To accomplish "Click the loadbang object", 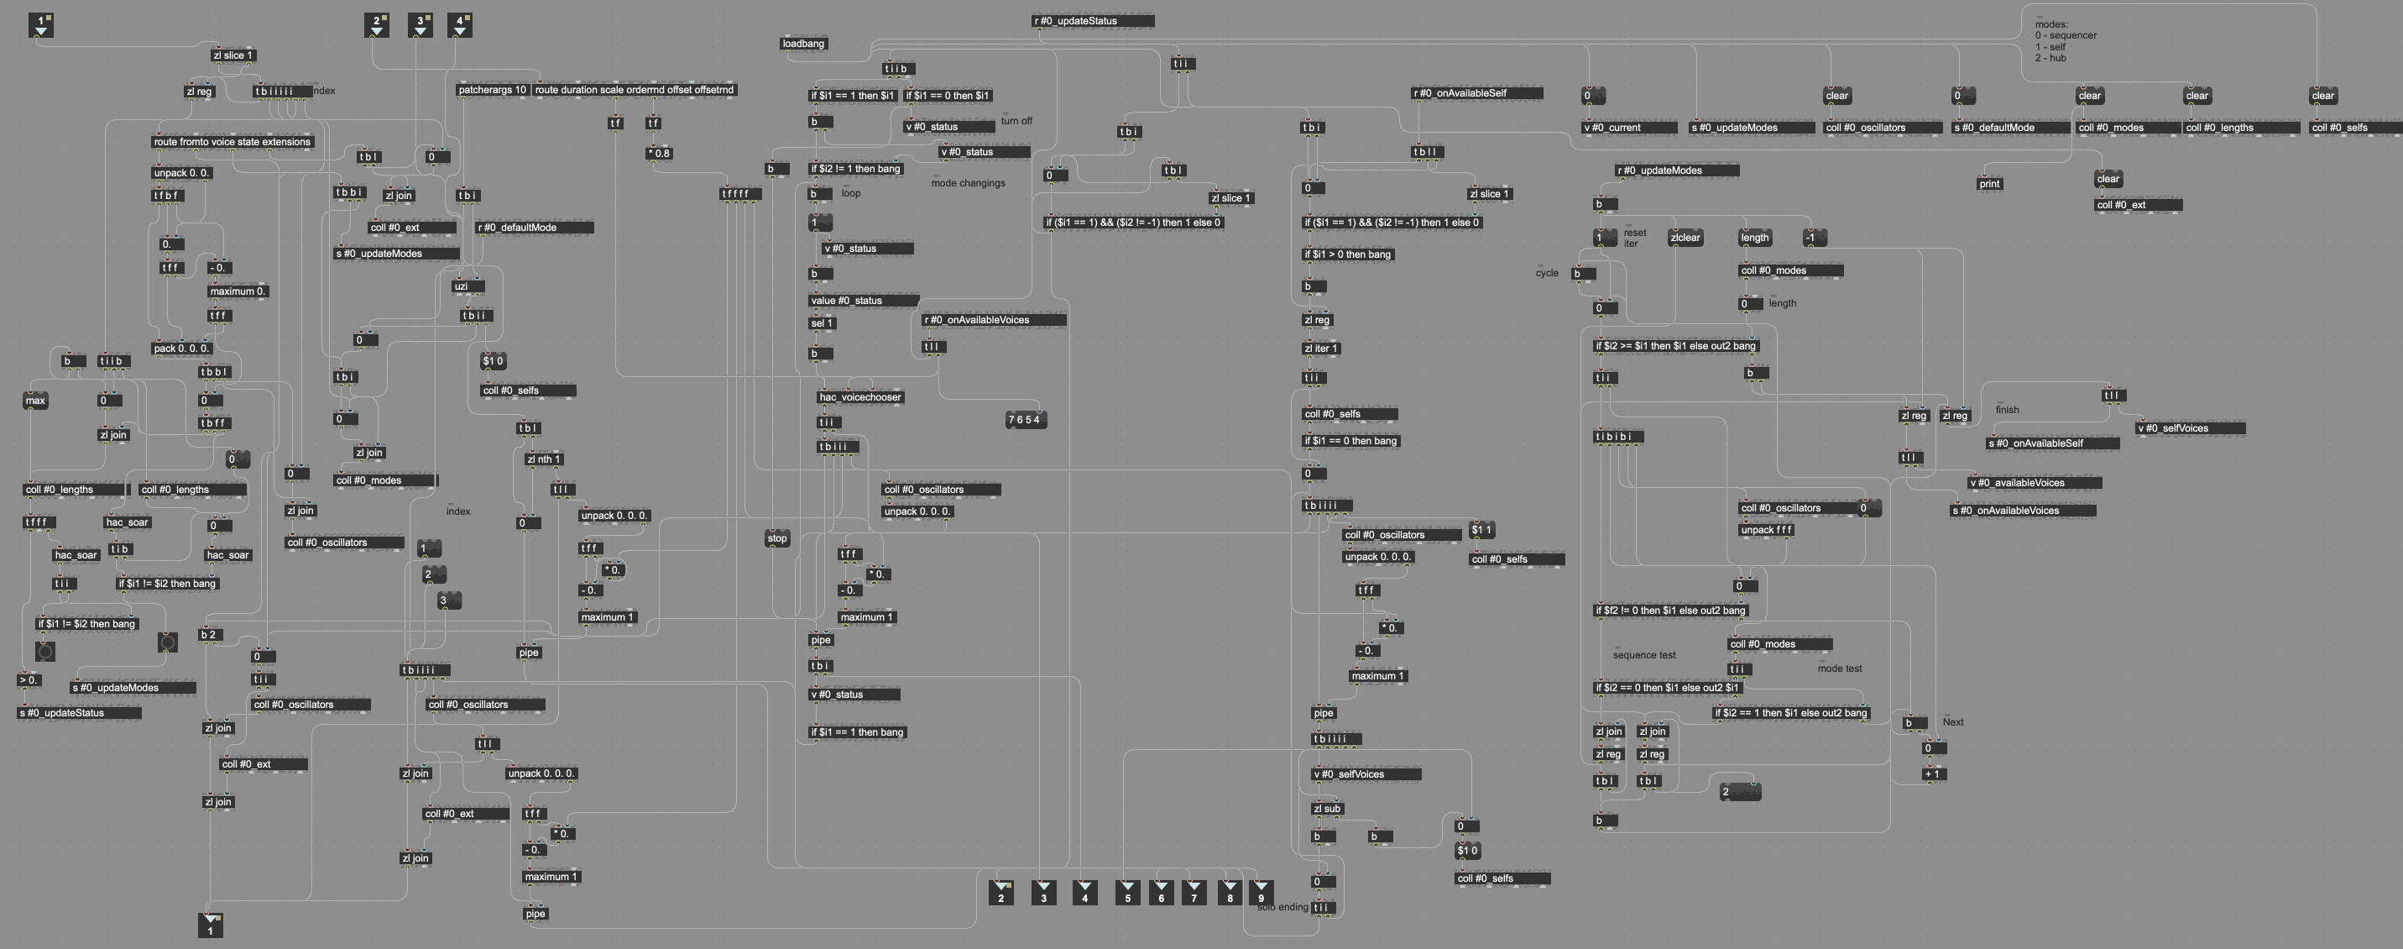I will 803,44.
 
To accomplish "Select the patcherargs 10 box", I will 493,91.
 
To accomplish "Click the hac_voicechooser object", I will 860,397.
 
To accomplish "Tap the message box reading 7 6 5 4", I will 1025,420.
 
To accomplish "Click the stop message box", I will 777,538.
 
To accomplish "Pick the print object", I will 1989,184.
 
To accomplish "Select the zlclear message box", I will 1685,238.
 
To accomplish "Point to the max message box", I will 35,401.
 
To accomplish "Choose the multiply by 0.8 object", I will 659,154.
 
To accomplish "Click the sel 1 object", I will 822,324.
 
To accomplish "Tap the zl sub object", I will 1326,809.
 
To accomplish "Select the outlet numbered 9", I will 1261,893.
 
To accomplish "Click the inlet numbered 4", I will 460,25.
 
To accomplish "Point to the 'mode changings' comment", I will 968,183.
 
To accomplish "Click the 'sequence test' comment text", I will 1643,655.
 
